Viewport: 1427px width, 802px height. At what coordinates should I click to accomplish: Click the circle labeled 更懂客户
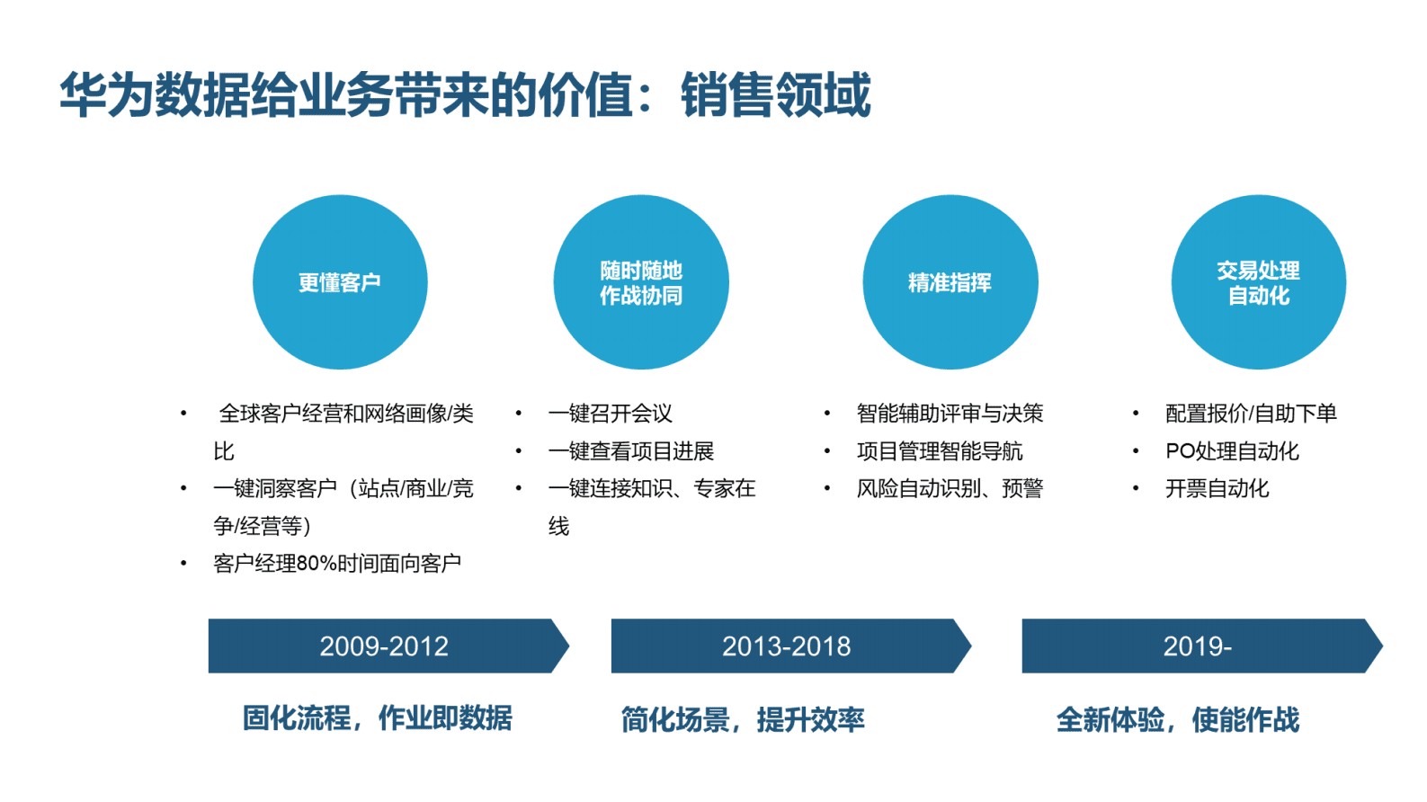pyautogui.click(x=340, y=282)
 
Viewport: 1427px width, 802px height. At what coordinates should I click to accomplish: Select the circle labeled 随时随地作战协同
pyautogui.click(x=641, y=282)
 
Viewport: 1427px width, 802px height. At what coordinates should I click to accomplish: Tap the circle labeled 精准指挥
pyautogui.click(x=950, y=282)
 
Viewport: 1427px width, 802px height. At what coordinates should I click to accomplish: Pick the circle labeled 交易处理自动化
pyautogui.click(x=1258, y=282)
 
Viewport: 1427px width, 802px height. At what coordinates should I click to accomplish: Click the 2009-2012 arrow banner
pyautogui.click(x=385, y=646)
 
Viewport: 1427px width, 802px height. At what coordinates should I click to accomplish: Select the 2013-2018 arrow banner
pyautogui.click(x=787, y=646)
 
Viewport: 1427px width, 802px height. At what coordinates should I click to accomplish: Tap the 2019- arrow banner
pyautogui.click(x=1198, y=646)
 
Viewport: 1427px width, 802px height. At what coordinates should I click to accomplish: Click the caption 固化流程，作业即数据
pyautogui.click(x=378, y=718)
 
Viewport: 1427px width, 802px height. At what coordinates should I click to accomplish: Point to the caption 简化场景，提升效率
pyautogui.click(x=743, y=719)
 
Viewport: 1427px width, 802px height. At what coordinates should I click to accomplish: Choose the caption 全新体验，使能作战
pyautogui.click(x=1178, y=719)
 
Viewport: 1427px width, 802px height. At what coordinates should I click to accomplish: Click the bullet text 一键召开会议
pyautogui.click(x=610, y=414)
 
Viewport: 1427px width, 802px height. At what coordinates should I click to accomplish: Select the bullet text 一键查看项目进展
pyautogui.click(x=630, y=451)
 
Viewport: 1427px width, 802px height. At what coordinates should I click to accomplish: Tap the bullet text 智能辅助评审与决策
pyautogui.click(x=950, y=414)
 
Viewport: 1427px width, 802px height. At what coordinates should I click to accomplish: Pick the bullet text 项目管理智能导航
pyautogui.click(x=940, y=451)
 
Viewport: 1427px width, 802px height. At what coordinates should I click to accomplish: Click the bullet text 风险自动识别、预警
pyautogui.click(x=950, y=489)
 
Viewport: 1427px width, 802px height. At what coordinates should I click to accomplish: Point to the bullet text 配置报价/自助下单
pyautogui.click(x=1251, y=414)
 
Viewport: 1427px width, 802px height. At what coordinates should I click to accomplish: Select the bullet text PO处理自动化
pyautogui.click(x=1232, y=451)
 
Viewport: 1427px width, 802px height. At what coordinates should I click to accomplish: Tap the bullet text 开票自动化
pyautogui.click(x=1217, y=489)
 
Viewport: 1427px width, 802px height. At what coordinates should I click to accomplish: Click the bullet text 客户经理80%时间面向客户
pyautogui.click(x=337, y=564)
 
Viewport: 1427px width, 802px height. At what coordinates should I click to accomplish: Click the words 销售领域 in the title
pyautogui.click(x=775, y=95)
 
